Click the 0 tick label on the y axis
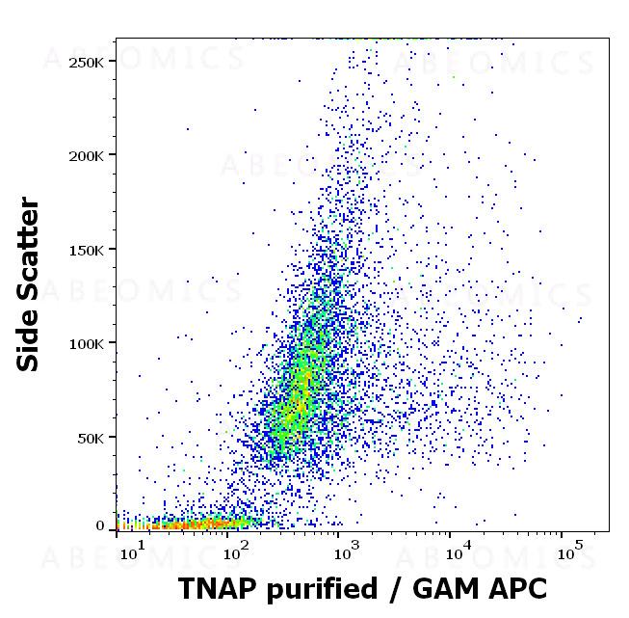click(x=100, y=526)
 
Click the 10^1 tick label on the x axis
click(x=131, y=553)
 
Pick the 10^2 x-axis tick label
click(x=236, y=553)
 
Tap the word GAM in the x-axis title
click(x=437, y=588)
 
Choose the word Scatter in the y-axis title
click(x=29, y=255)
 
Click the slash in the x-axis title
click(x=390, y=589)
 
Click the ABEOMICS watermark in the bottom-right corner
click(x=496, y=559)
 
